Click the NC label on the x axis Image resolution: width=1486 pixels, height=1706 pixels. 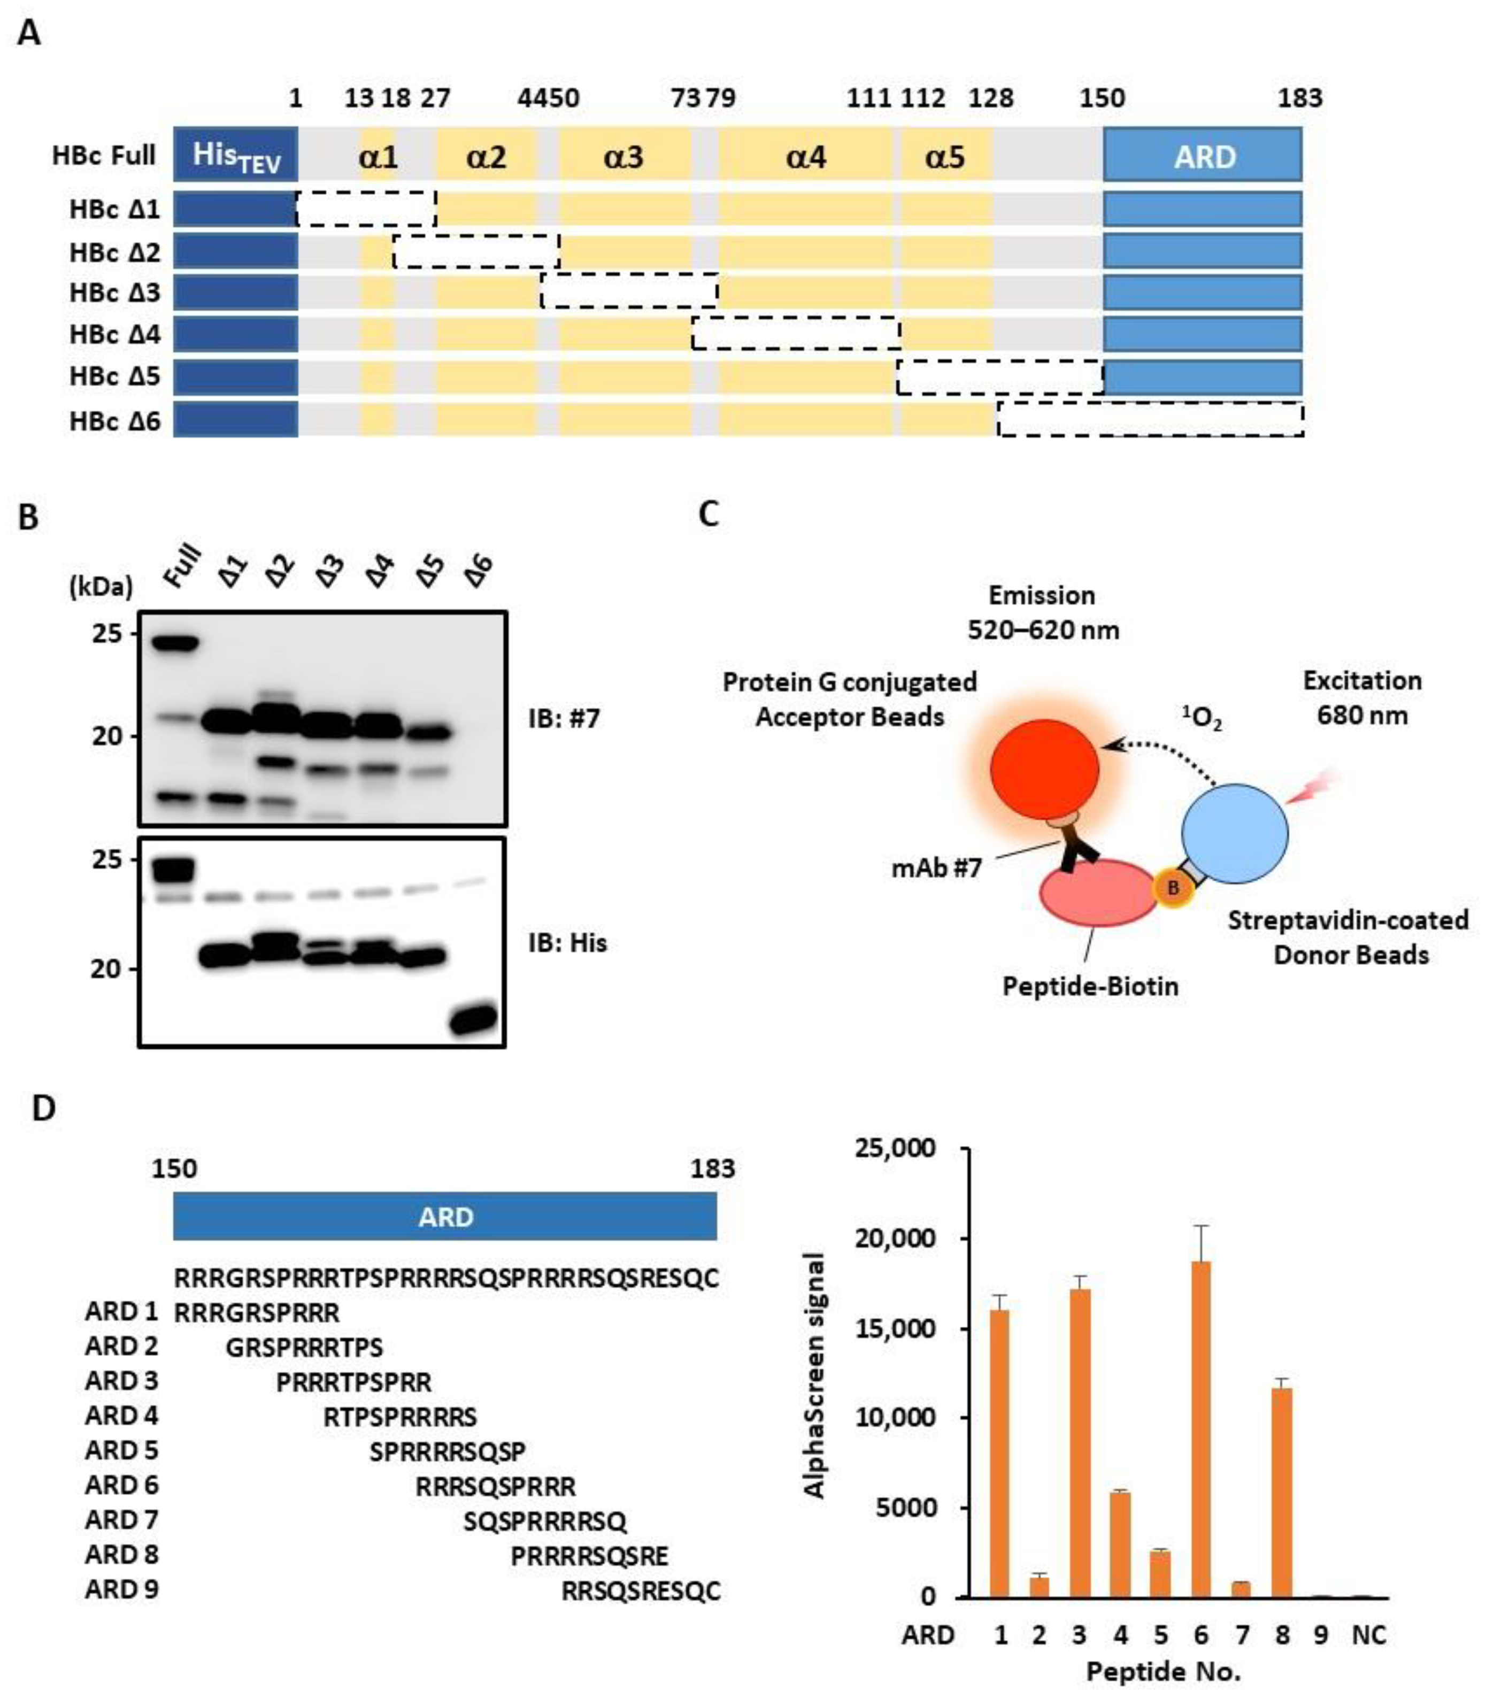point(1368,1635)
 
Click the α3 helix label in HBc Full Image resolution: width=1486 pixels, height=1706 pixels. point(623,156)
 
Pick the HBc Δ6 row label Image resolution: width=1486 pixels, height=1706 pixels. point(114,421)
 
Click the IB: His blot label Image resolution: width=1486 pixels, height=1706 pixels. point(567,943)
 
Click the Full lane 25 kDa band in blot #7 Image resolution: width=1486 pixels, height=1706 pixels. point(174,643)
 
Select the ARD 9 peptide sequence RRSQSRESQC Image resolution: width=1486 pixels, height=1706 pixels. point(641,1590)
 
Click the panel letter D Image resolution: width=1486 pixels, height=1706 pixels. point(43,1108)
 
